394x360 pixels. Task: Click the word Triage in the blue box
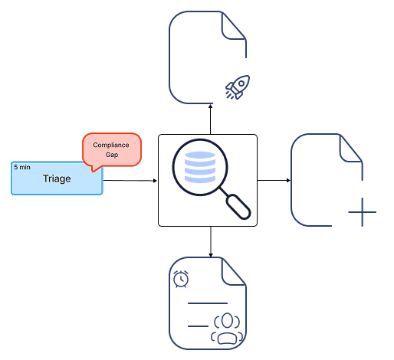(57, 178)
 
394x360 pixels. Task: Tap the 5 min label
(22, 167)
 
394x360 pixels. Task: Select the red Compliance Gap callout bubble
(112, 150)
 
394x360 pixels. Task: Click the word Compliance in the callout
(111, 145)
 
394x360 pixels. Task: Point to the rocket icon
(238, 87)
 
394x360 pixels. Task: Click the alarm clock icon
(181, 279)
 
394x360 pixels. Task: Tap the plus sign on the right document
(362, 212)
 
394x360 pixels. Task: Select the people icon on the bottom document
(227, 329)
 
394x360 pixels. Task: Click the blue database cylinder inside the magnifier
(200, 167)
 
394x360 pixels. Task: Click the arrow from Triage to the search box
(130, 181)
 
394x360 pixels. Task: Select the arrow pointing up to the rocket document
(210, 119)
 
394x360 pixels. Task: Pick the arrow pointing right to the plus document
(274, 180)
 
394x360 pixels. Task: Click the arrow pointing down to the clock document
(211, 242)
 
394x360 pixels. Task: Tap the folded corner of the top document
(234, 26)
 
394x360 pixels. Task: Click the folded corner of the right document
(350, 149)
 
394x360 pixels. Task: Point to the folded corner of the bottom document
(234, 271)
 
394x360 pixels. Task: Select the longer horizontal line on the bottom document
(208, 303)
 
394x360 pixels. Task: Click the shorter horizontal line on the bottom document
(198, 326)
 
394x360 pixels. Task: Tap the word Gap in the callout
(112, 155)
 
